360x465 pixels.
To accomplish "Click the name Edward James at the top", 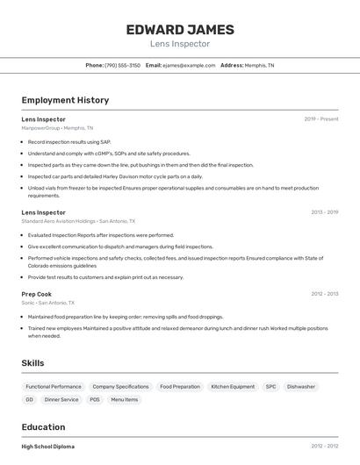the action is (x=179, y=29).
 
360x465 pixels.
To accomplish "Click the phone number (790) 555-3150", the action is (x=122, y=65).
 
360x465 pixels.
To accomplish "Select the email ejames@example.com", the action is (x=188, y=65).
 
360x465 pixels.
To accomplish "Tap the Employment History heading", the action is (x=65, y=100).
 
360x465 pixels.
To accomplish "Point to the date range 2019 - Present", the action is (x=321, y=118).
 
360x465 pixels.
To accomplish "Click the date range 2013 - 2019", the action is (x=324, y=212).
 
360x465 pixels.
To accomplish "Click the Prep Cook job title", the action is (x=37, y=294).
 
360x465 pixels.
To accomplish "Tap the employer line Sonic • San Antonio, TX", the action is (x=54, y=303).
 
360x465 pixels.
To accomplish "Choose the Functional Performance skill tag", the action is (x=54, y=386).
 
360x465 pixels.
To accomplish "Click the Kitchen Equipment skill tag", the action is (x=233, y=386).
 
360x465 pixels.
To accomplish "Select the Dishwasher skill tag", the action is (x=301, y=386).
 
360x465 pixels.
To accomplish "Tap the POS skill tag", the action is (x=95, y=399).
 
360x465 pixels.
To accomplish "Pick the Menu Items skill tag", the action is (x=124, y=399).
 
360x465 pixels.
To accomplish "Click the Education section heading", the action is (x=44, y=427).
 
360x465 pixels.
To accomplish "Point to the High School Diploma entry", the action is (x=48, y=447).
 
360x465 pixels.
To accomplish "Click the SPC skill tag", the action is (x=270, y=386).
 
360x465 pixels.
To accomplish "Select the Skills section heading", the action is (x=33, y=363).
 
